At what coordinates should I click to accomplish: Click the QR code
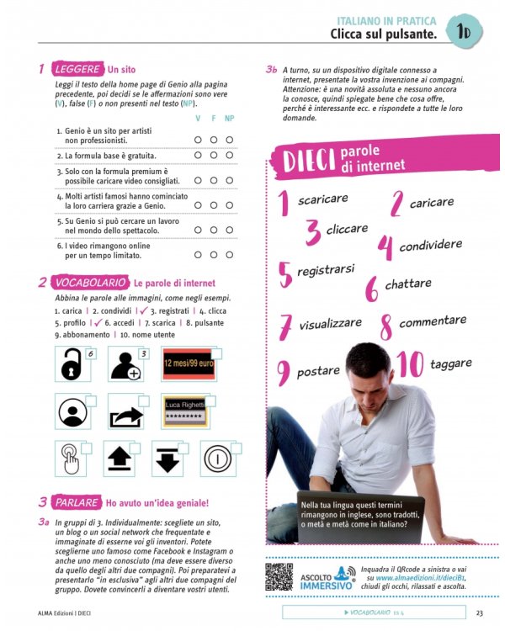coord(279,577)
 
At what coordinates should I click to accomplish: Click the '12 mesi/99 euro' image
coord(189,364)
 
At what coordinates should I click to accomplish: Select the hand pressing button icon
coord(72,459)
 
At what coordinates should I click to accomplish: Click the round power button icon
coord(218,459)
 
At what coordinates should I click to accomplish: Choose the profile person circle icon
coord(73,412)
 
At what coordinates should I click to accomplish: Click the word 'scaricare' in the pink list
coord(322,199)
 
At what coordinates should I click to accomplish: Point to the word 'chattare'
coord(408,284)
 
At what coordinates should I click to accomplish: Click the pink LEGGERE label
coord(76,69)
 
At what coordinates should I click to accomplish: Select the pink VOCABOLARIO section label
coord(89,283)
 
